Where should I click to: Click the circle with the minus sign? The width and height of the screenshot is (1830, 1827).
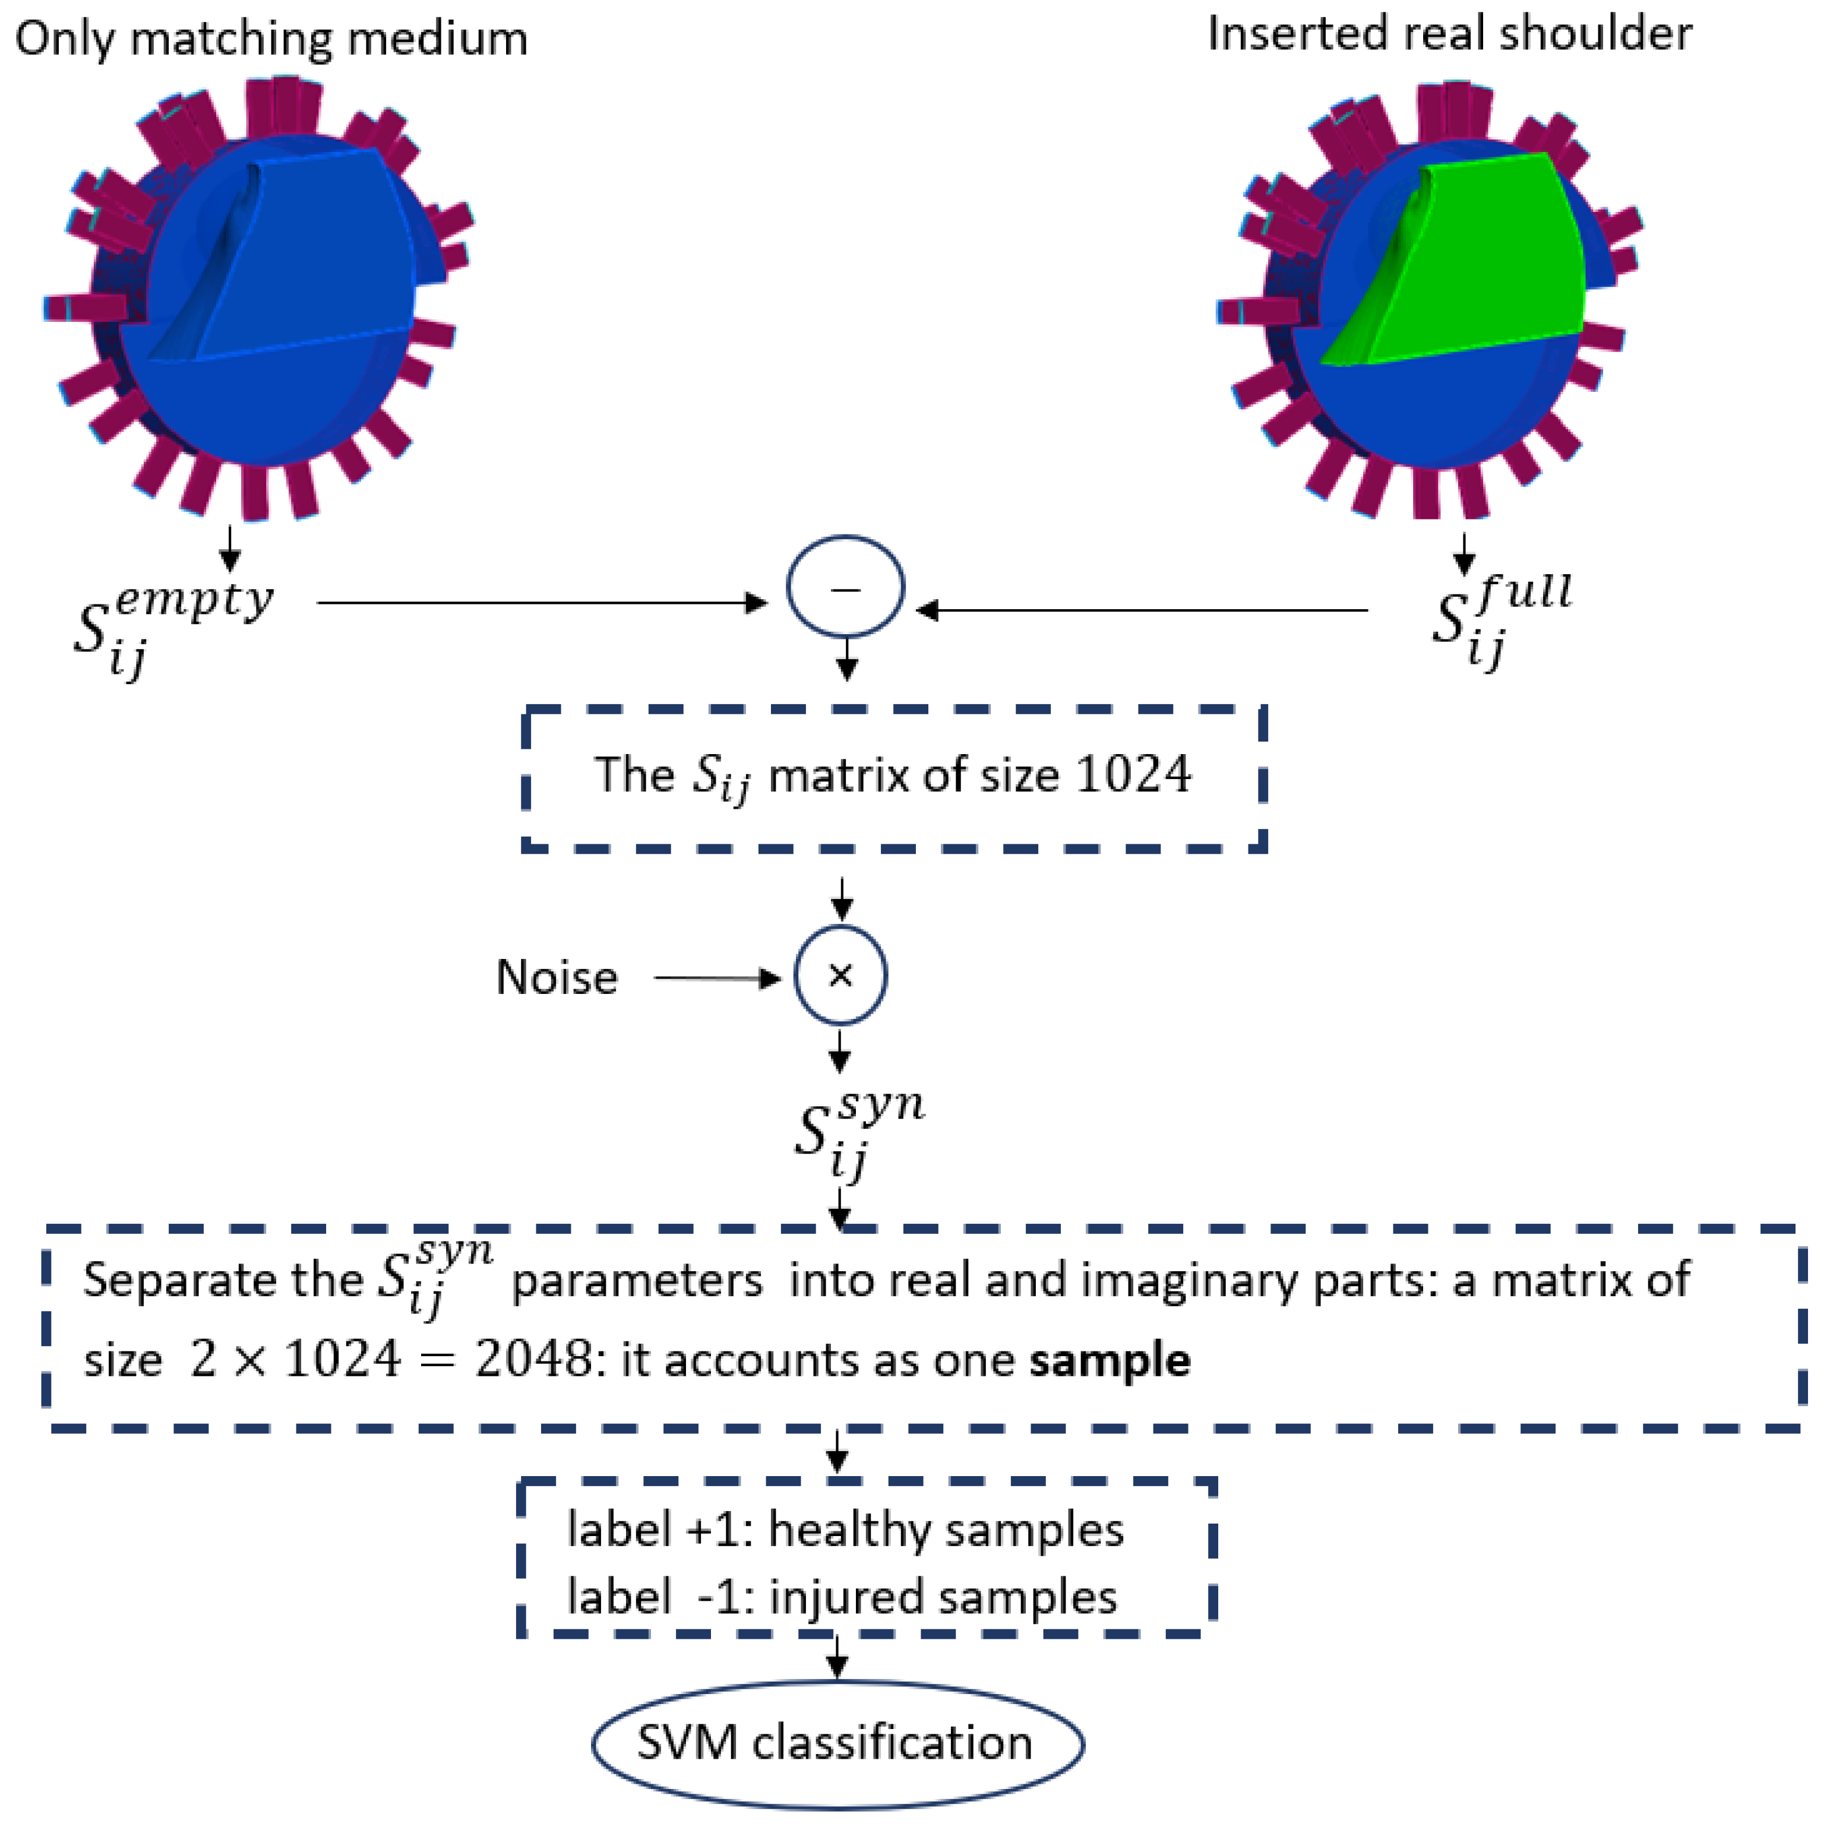pos(845,586)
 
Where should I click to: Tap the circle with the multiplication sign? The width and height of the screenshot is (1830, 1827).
pos(840,974)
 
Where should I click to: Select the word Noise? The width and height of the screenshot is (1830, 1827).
pos(557,977)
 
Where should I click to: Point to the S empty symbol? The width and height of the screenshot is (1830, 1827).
pos(170,625)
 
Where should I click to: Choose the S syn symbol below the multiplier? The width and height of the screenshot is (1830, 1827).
pos(857,1131)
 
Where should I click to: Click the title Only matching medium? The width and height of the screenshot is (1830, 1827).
pos(272,40)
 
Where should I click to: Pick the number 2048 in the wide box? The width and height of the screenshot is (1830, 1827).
pos(534,1360)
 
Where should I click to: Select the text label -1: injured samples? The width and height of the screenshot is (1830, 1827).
pos(842,1597)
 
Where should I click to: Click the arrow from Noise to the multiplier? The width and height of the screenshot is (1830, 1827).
pos(717,977)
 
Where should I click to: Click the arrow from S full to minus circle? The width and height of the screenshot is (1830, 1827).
pos(1142,611)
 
